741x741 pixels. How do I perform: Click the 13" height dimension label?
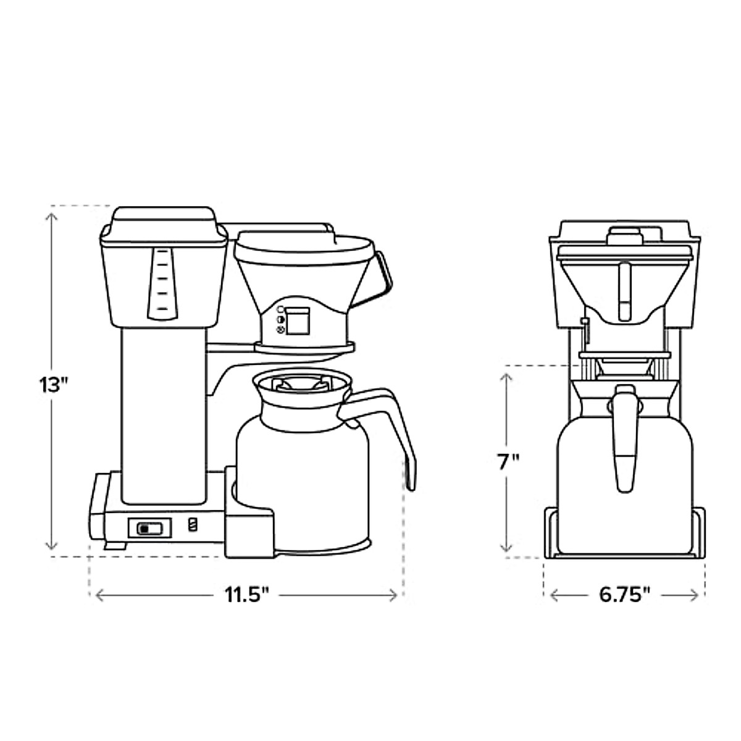pos(54,385)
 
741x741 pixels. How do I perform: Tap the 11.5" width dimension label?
pos(247,596)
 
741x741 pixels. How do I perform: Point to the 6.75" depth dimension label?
pos(624,596)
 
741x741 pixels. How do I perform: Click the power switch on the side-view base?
pos(149,528)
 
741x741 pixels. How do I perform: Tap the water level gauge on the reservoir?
pos(162,284)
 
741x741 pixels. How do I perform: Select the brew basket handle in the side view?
pos(378,277)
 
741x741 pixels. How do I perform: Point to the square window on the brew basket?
pos(297,320)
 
